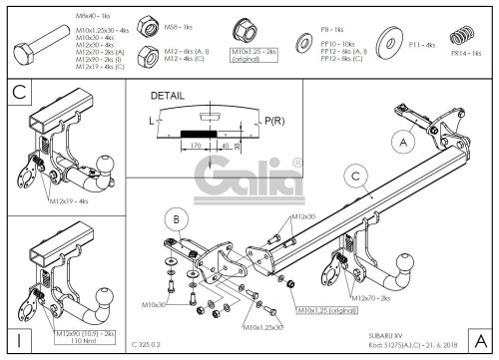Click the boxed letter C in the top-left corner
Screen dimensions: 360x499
point(17,95)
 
